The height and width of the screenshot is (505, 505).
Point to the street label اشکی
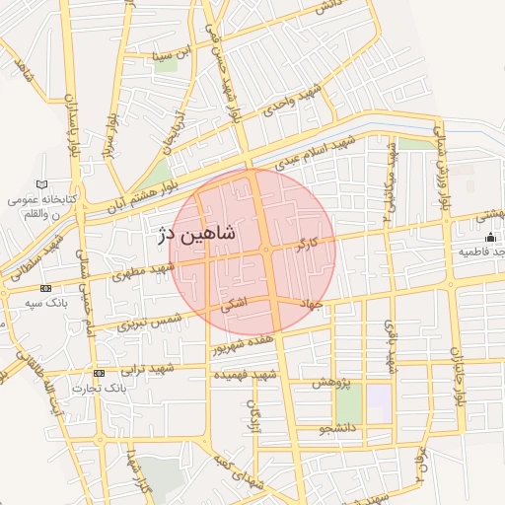pyautogui.click(x=233, y=306)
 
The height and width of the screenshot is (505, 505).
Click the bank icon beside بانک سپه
pyautogui.click(x=47, y=287)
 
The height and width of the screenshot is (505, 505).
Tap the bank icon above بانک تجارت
pyautogui.click(x=99, y=373)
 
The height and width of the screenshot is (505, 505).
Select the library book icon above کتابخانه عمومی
pyautogui.click(x=40, y=184)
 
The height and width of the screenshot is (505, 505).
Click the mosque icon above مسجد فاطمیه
pyautogui.click(x=490, y=238)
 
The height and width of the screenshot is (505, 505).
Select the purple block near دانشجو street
pyautogui.click(x=380, y=399)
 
